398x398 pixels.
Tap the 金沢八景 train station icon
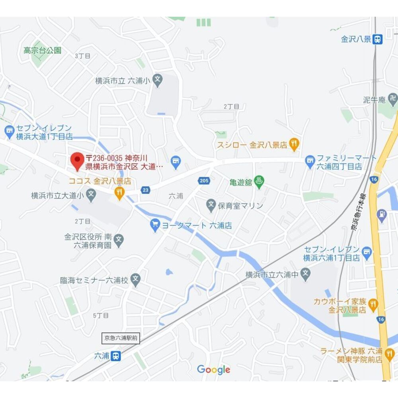378,39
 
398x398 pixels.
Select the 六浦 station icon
116,355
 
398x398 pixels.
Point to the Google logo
214,370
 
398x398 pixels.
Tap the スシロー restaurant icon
294,145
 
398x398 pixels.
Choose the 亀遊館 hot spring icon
259,182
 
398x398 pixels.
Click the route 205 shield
203,181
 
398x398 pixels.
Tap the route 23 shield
146,190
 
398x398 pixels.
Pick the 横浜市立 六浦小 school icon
158,80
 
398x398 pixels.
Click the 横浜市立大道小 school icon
91,195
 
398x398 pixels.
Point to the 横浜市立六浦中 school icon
305,274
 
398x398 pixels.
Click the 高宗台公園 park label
42,51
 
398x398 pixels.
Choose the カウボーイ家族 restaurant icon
373,305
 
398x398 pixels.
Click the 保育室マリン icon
211,206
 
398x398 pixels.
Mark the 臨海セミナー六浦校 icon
136,279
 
